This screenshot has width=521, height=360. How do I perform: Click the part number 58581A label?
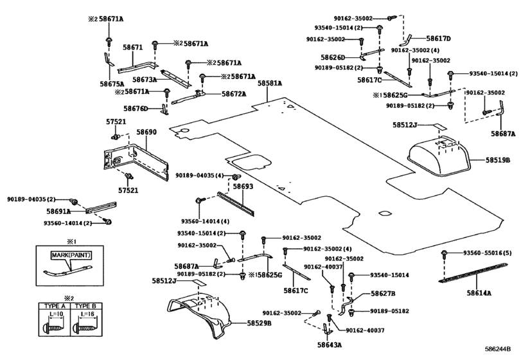click(x=269, y=84)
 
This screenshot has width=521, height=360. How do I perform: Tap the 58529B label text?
click(x=259, y=323)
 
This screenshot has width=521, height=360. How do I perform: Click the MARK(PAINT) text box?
click(x=71, y=255)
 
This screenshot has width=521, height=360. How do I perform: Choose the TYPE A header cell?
click(x=55, y=306)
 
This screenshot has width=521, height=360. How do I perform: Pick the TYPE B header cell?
click(x=85, y=306)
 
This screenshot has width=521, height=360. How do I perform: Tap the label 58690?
click(x=146, y=132)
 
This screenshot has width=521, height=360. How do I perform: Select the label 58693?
click(x=243, y=186)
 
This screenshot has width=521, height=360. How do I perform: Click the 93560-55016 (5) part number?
click(x=488, y=253)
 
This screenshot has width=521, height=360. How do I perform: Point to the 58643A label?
click(x=330, y=345)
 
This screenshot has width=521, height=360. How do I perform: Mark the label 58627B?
click(x=383, y=294)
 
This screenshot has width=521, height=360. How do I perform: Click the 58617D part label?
click(x=439, y=39)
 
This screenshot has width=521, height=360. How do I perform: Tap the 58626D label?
click(x=333, y=57)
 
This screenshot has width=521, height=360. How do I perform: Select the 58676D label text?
click(x=136, y=109)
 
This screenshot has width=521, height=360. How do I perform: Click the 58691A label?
click(x=58, y=211)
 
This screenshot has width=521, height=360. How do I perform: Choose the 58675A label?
click(x=112, y=84)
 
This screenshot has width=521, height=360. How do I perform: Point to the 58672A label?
click(x=234, y=94)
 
